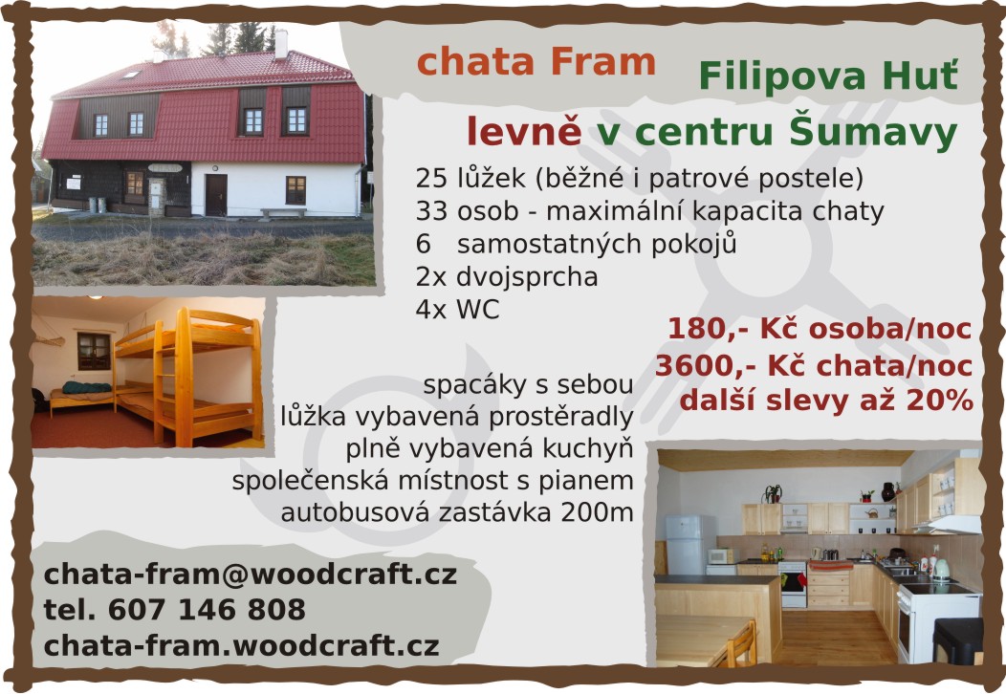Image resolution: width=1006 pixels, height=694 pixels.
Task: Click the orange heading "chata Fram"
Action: pos(536,62)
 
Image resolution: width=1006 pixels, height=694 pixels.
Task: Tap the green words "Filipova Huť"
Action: pos(828,76)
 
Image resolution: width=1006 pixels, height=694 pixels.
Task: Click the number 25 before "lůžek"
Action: pos(430,179)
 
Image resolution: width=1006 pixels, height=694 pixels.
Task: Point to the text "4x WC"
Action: pos(457,309)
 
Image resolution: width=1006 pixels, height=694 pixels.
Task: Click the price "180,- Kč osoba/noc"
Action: pos(820,329)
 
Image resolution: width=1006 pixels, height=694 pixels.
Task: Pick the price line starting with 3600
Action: pos(814,365)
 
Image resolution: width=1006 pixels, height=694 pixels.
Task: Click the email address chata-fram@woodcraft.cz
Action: pos(251,574)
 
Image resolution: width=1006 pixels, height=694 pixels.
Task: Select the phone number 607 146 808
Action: pos(207,609)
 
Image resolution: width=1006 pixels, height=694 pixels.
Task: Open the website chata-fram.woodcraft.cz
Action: pos(241,645)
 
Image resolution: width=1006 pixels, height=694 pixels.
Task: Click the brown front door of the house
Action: pos(215,195)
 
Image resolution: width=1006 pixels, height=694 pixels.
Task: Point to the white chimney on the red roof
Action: pos(280,44)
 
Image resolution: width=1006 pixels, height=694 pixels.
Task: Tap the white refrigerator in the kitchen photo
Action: pos(686,545)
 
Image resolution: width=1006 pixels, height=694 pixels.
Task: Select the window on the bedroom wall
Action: pos(94,352)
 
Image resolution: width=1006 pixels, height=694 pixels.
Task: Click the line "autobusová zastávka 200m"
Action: pos(457,512)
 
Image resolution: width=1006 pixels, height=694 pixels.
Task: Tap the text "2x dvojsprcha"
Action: pos(507,276)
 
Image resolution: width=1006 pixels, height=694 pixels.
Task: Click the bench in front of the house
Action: pos(283,212)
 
